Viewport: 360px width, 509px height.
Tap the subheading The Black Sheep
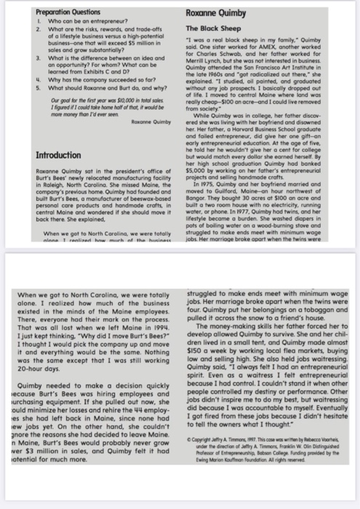click(x=217, y=28)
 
